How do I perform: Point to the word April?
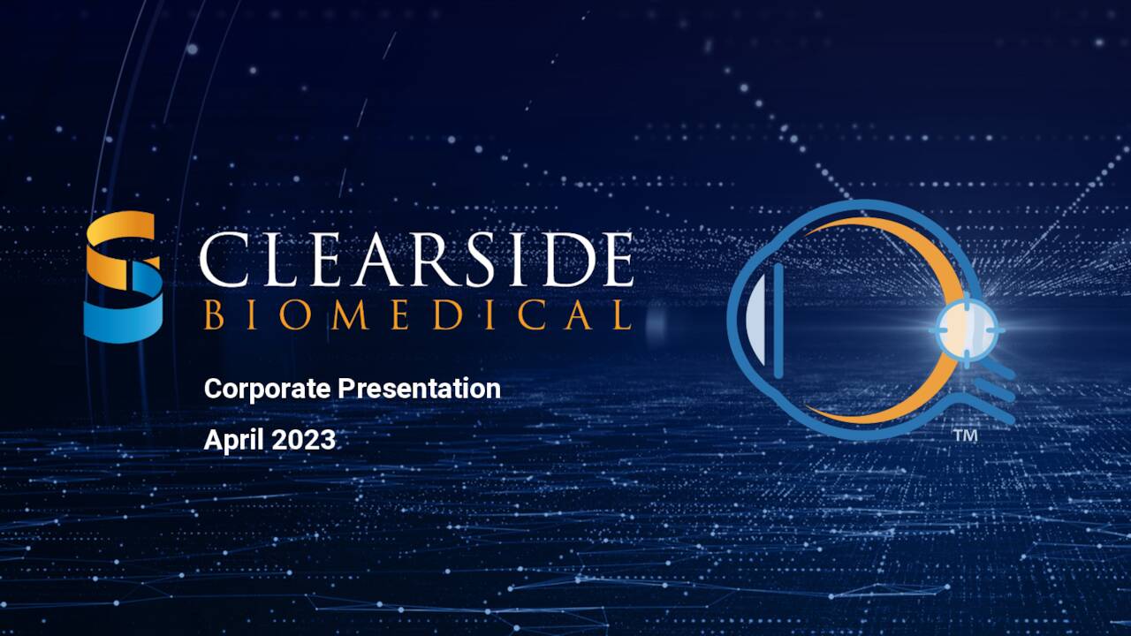point(233,440)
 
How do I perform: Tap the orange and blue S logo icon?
point(124,276)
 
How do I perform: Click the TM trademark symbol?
point(966,436)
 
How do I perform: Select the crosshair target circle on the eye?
point(966,329)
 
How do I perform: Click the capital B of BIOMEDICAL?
point(213,315)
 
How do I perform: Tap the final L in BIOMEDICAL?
point(621,315)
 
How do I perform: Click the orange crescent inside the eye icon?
point(919,256)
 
